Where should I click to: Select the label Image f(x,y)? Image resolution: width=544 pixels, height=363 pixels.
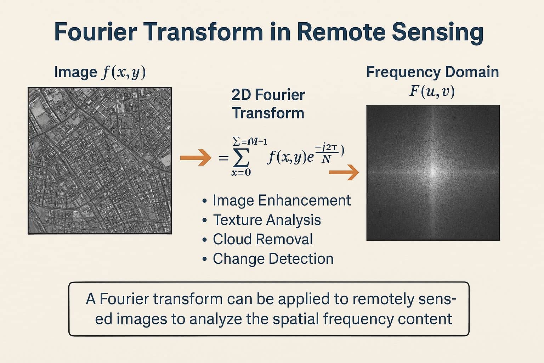pos(100,72)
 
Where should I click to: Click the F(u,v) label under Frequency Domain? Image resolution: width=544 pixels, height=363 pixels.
pos(432,91)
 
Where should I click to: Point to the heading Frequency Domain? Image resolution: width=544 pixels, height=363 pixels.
pos(432,72)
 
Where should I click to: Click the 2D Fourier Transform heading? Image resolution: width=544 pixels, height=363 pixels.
pos(268,104)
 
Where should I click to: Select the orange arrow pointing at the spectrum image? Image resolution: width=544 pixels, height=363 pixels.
pos(344,172)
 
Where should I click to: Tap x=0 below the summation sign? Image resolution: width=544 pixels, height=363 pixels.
pos(241,173)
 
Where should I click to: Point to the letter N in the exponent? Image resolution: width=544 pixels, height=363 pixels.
pos(326,159)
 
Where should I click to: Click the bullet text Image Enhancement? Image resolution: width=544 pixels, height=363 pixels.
pos(282,200)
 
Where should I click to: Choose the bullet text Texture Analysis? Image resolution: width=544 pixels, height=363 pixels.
pos(267,220)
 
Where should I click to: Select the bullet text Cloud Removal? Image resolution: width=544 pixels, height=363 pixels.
pos(262,239)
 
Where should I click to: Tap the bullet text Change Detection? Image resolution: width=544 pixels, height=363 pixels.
pos(273,259)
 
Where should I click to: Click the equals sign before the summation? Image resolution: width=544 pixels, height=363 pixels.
pos(223,158)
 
